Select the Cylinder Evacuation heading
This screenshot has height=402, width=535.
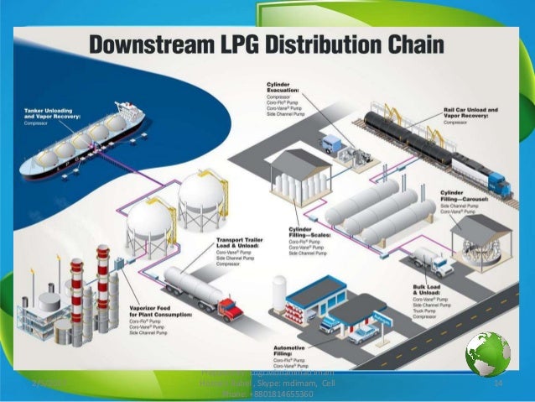coord(285,89)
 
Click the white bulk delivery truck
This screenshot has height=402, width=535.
coord(431,260)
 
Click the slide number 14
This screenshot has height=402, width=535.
coord(496,384)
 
